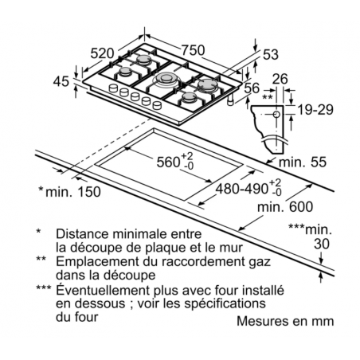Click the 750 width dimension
[193, 50]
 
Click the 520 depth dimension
[102, 53]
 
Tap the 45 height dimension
[61, 81]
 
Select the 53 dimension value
[271, 54]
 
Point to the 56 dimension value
[252, 88]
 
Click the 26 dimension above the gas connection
[280, 79]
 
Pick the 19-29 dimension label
[315, 110]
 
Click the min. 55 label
[303, 162]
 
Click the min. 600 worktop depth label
[285, 206]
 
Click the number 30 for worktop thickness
[322, 244]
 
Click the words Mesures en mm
[285, 321]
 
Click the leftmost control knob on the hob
[113, 88]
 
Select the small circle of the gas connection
[276, 115]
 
